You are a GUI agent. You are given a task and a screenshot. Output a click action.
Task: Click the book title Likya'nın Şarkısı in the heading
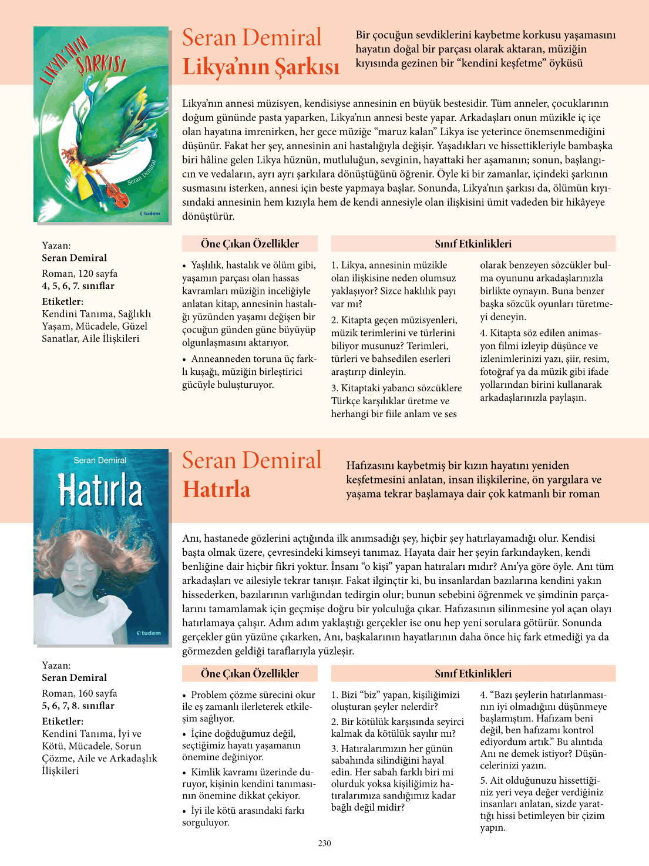(x=261, y=66)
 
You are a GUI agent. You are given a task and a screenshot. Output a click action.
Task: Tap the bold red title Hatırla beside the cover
(x=216, y=489)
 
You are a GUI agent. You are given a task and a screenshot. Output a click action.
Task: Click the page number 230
(x=324, y=843)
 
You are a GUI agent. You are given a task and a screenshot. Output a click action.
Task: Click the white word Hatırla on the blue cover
(x=100, y=491)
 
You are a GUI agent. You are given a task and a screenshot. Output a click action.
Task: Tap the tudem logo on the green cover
(x=150, y=213)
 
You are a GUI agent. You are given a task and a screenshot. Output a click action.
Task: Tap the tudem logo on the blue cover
(x=149, y=633)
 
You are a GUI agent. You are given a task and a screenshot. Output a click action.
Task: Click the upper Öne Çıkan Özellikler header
(x=250, y=244)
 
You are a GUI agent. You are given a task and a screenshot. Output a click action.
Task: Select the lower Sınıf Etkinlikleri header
(x=473, y=674)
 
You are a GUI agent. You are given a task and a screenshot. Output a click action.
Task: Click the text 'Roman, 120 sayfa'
(x=79, y=273)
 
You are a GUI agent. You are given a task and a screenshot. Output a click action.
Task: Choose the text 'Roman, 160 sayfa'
(x=79, y=693)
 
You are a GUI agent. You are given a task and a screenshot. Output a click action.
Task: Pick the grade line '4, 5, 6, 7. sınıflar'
(x=78, y=286)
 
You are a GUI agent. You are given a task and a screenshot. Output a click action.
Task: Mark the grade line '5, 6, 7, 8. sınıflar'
(x=78, y=706)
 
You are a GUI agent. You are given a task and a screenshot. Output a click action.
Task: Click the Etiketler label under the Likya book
(x=62, y=301)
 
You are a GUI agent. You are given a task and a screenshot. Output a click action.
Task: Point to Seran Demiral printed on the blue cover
(x=100, y=461)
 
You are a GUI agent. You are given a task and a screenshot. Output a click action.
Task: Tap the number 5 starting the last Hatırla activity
(x=483, y=780)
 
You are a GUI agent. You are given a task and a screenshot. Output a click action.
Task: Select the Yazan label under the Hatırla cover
(x=56, y=665)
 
